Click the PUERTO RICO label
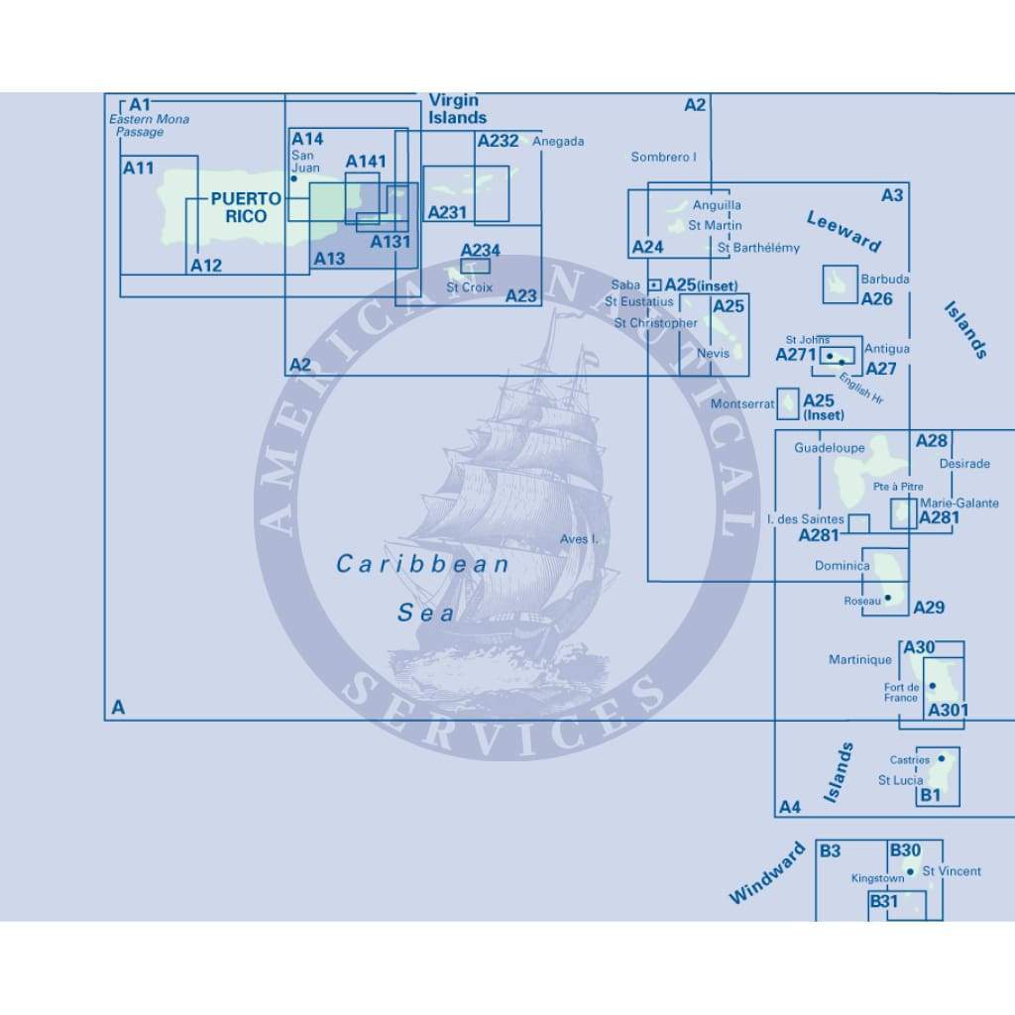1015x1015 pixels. pyautogui.click(x=239, y=207)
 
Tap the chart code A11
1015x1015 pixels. pyautogui.click(x=138, y=169)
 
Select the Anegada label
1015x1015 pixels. pyautogui.click(x=558, y=142)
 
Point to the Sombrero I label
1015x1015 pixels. pyautogui.click(x=664, y=157)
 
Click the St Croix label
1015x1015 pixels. pyautogui.click(x=469, y=287)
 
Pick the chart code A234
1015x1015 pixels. pyautogui.click(x=480, y=251)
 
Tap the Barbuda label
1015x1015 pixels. pyautogui.click(x=884, y=280)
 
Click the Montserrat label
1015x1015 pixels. pyautogui.click(x=742, y=404)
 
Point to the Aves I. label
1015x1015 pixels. pyautogui.click(x=580, y=539)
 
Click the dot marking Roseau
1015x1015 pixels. pyautogui.click(x=888, y=598)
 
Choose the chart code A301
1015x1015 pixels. pyautogui.click(x=948, y=710)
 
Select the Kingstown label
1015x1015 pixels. pyautogui.click(x=877, y=878)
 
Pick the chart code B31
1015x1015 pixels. pyautogui.click(x=883, y=902)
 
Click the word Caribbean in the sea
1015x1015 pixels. pyautogui.click(x=422, y=564)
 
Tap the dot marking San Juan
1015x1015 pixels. pyautogui.click(x=294, y=179)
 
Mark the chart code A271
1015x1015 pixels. pyautogui.click(x=794, y=355)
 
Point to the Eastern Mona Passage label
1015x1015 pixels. pyautogui.click(x=148, y=126)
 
